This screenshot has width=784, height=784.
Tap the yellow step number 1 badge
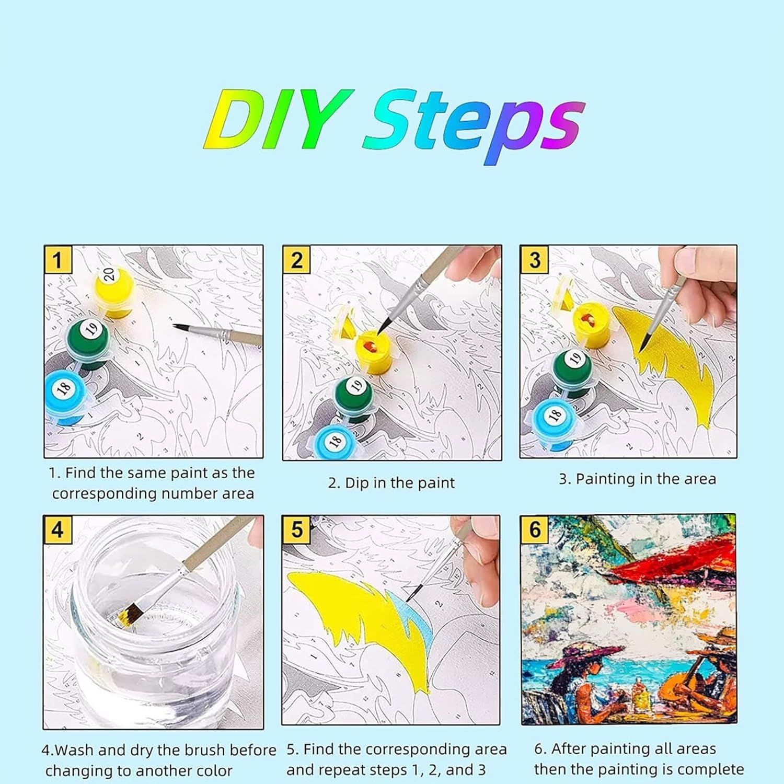click(x=57, y=259)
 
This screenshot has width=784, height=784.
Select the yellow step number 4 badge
click(x=57, y=530)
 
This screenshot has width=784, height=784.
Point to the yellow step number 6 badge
click(x=535, y=529)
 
